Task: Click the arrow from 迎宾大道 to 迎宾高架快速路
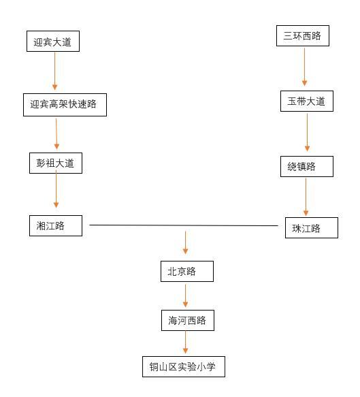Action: point(54,71)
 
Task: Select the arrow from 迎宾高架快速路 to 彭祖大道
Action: point(56,133)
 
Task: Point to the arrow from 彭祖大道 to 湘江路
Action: point(56,189)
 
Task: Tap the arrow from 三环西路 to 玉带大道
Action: point(305,67)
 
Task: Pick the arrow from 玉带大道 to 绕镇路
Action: point(307,132)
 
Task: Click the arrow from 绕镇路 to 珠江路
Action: point(306,197)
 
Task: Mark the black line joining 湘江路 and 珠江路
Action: point(184,225)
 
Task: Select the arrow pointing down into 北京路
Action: point(185,242)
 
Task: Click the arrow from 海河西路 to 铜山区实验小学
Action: point(185,342)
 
